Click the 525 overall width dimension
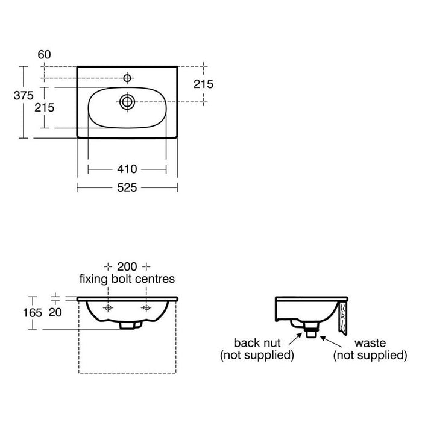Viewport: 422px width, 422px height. click(x=127, y=187)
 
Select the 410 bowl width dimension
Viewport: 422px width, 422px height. click(x=127, y=169)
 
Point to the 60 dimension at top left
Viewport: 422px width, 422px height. click(x=44, y=55)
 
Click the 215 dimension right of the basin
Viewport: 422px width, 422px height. click(x=203, y=84)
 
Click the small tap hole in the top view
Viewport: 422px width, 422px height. click(x=127, y=78)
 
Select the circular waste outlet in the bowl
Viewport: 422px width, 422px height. click(x=127, y=101)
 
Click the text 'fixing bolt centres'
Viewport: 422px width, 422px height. click(x=127, y=279)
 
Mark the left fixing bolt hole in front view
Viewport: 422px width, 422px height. click(x=109, y=308)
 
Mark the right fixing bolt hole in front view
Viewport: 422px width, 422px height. click(x=145, y=308)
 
